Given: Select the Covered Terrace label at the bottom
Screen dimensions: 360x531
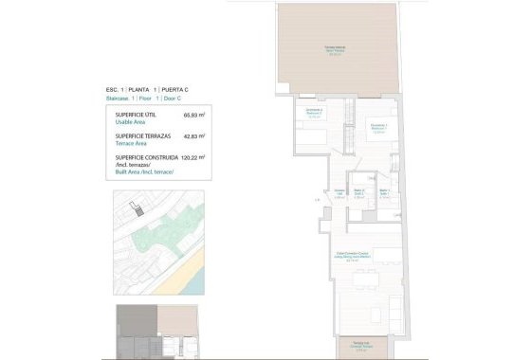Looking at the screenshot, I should pos(360,345).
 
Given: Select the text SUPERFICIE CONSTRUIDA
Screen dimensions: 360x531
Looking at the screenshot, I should pos(147,158).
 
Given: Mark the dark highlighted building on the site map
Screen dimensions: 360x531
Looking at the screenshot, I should pos(137,211).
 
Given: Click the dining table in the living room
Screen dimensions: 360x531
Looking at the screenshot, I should pos(359,280).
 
